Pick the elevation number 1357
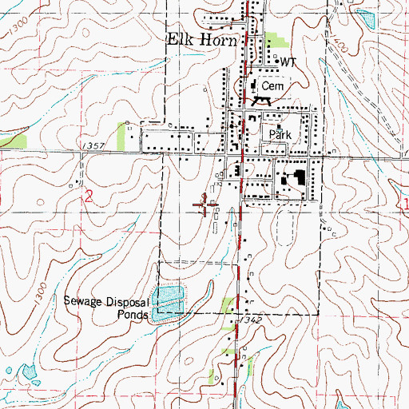click(93, 146)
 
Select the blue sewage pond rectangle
click(169, 302)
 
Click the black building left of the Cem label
click(252, 85)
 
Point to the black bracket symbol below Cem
click(260, 101)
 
